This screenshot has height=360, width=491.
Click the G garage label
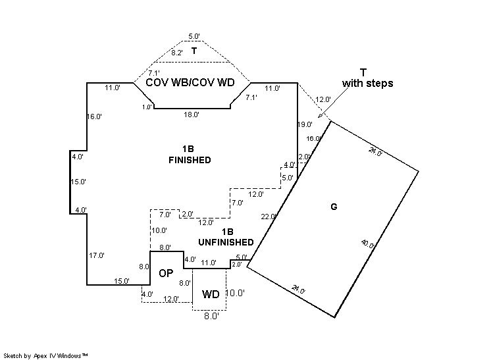coord(334,207)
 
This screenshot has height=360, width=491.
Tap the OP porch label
coord(166,273)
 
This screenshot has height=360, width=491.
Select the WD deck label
coord(211,294)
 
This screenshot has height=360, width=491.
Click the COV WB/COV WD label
coord(190,83)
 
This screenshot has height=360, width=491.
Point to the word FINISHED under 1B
coord(190,160)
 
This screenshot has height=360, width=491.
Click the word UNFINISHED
coord(226,242)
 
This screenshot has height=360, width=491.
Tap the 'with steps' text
coord(367,84)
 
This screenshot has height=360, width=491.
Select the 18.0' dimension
coord(192,115)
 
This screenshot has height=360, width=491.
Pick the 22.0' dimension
coord(269,217)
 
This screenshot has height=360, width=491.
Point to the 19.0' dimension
coord(305,124)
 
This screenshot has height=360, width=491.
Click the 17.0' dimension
coord(97,255)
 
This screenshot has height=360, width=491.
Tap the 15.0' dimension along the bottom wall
coord(121,281)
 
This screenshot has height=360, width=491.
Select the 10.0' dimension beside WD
coord(236,293)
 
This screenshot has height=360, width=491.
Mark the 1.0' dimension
coord(147,107)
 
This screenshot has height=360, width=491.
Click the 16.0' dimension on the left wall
coord(95,116)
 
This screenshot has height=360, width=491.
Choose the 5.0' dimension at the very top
coord(194,36)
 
